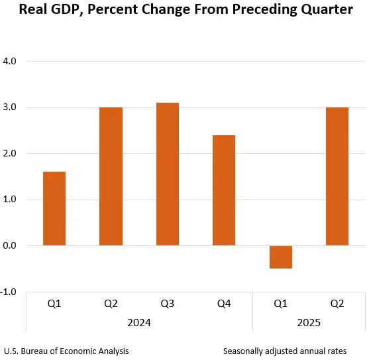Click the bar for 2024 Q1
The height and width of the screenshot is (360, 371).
pos(54,209)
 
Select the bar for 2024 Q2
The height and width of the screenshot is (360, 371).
pos(111,176)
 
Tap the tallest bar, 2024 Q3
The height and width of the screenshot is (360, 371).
pos(168,174)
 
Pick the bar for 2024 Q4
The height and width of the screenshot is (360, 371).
pos(224,190)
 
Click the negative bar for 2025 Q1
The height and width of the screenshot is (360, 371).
pos(281,257)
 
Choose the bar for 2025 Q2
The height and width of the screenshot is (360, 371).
pos(337,176)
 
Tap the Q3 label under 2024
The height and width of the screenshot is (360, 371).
pos(168,304)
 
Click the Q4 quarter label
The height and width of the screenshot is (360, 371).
pos(224,304)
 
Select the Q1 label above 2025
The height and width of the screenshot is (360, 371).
pos(281,304)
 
